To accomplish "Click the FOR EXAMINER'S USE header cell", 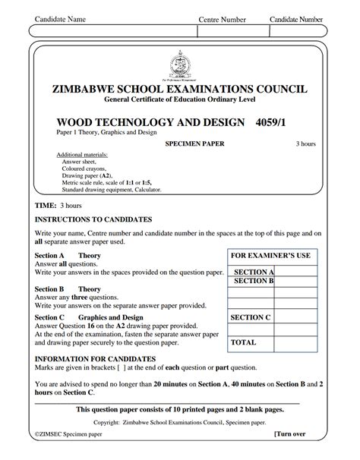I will (x=270, y=256).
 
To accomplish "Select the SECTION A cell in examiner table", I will (x=254, y=271).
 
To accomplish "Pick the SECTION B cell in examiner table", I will (x=254, y=281).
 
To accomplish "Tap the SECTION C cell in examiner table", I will (x=251, y=317).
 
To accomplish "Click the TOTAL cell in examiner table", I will (x=243, y=342).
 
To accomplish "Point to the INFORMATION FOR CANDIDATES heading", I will (x=95, y=358).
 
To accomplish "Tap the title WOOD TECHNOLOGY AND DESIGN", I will (x=151, y=121).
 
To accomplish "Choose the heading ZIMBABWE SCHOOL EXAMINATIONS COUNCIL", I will (x=179, y=89).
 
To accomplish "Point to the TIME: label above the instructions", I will (x=46, y=205).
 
